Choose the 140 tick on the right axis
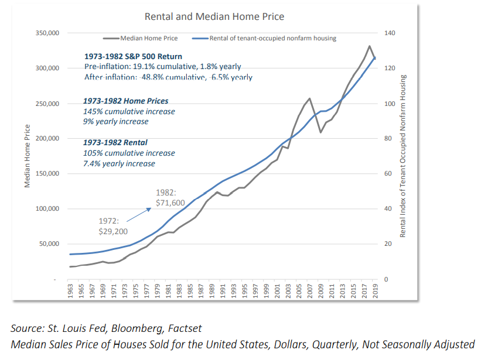pyautogui.click(x=389, y=33)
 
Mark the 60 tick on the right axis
pyautogui.click(x=387, y=174)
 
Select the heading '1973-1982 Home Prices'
pyautogui.click(x=126, y=101)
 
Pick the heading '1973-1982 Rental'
pyautogui.click(x=115, y=142)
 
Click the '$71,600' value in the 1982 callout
pyautogui.click(x=170, y=203)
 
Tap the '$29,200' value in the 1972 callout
pyautogui.click(x=113, y=231)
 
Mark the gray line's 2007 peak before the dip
pyautogui.click(x=309, y=98)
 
